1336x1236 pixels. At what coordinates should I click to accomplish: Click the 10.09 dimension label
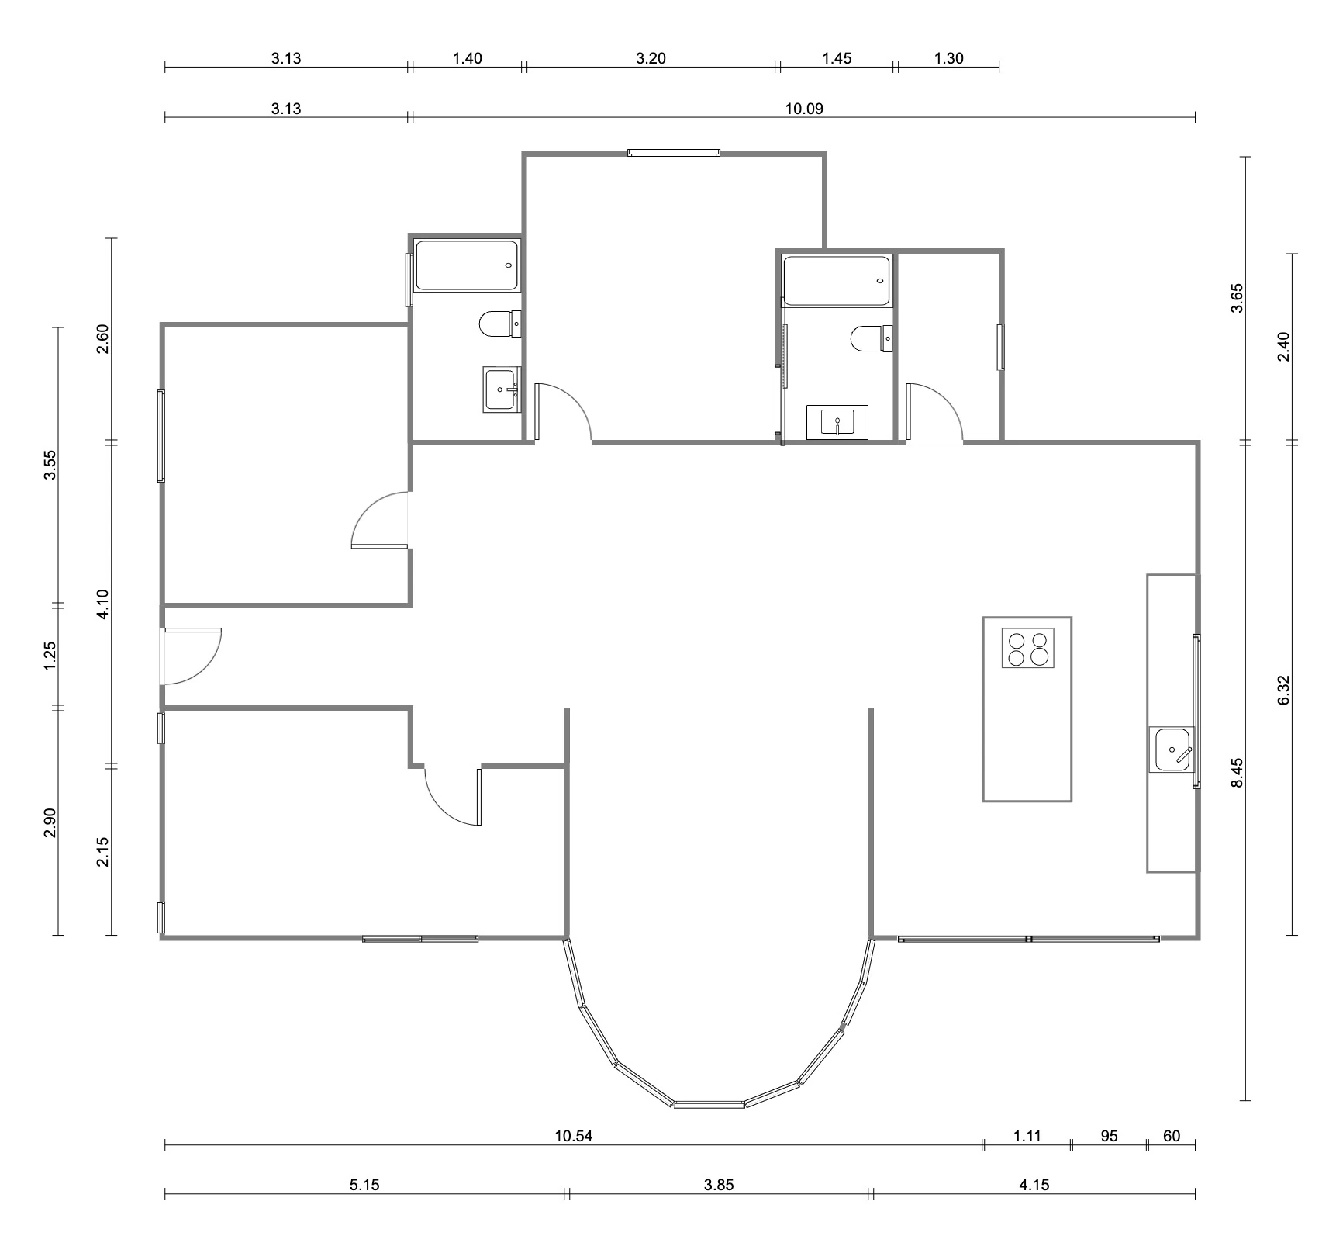pyautogui.click(x=804, y=108)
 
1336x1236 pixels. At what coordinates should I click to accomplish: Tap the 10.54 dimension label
pyautogui.click(x=574, y=1136)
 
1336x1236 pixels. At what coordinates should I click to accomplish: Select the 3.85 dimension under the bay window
pyautogui.click(x=718, y=1185)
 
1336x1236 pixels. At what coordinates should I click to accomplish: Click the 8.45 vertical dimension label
pyautogui.click(x=1238, y=773)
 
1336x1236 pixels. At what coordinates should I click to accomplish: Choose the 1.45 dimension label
pyautogui.click(x=837, y=58)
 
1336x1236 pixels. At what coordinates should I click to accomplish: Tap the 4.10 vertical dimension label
pyautogui.click(x=104, y=604)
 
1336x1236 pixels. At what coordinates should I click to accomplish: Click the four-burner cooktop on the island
pyautogui.click(x=1028, y=648)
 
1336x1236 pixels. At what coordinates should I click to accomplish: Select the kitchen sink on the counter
pyautogui.click(x=1173, y=749)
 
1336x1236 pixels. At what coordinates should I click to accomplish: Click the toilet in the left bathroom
pyautogui.click(x=500, y=324)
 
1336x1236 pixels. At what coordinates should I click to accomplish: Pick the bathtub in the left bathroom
pyautogui.click(x=467, y=265)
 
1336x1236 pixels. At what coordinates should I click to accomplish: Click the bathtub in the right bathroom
pyautogui.click(x=837, y=281)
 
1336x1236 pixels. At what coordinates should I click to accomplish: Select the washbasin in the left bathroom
pyautogui.click(x=502, y=389)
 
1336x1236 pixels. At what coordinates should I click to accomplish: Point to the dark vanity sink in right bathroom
pyautogui.click(x=837, y=423)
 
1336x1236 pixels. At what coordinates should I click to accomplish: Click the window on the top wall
pyautogui.click(x=674, y=153)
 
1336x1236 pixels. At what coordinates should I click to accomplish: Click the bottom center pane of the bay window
pyautogui.click(x=709, y=1103)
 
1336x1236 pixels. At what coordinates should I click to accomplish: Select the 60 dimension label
pyautogui.click(x=1172, y=1136)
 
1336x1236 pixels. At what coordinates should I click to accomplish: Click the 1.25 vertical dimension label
pyautogui.click(x=51, y=656)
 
